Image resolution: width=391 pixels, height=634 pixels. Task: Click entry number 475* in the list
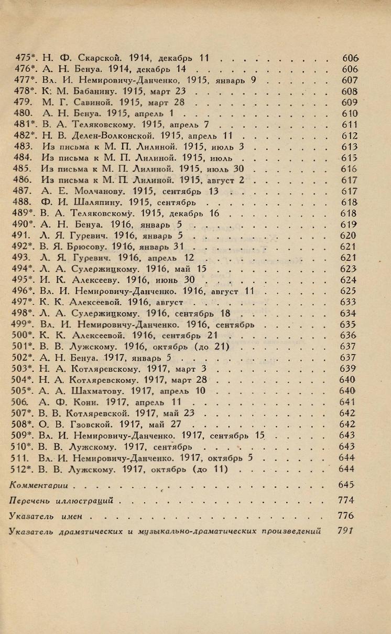click(23, 57)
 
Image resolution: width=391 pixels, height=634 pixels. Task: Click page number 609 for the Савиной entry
click(349, 102)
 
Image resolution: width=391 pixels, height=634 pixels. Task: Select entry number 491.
click(20, 235)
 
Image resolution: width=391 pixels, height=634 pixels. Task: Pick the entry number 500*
click(23, 335)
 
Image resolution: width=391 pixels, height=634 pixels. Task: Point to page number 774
click(346, 500)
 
